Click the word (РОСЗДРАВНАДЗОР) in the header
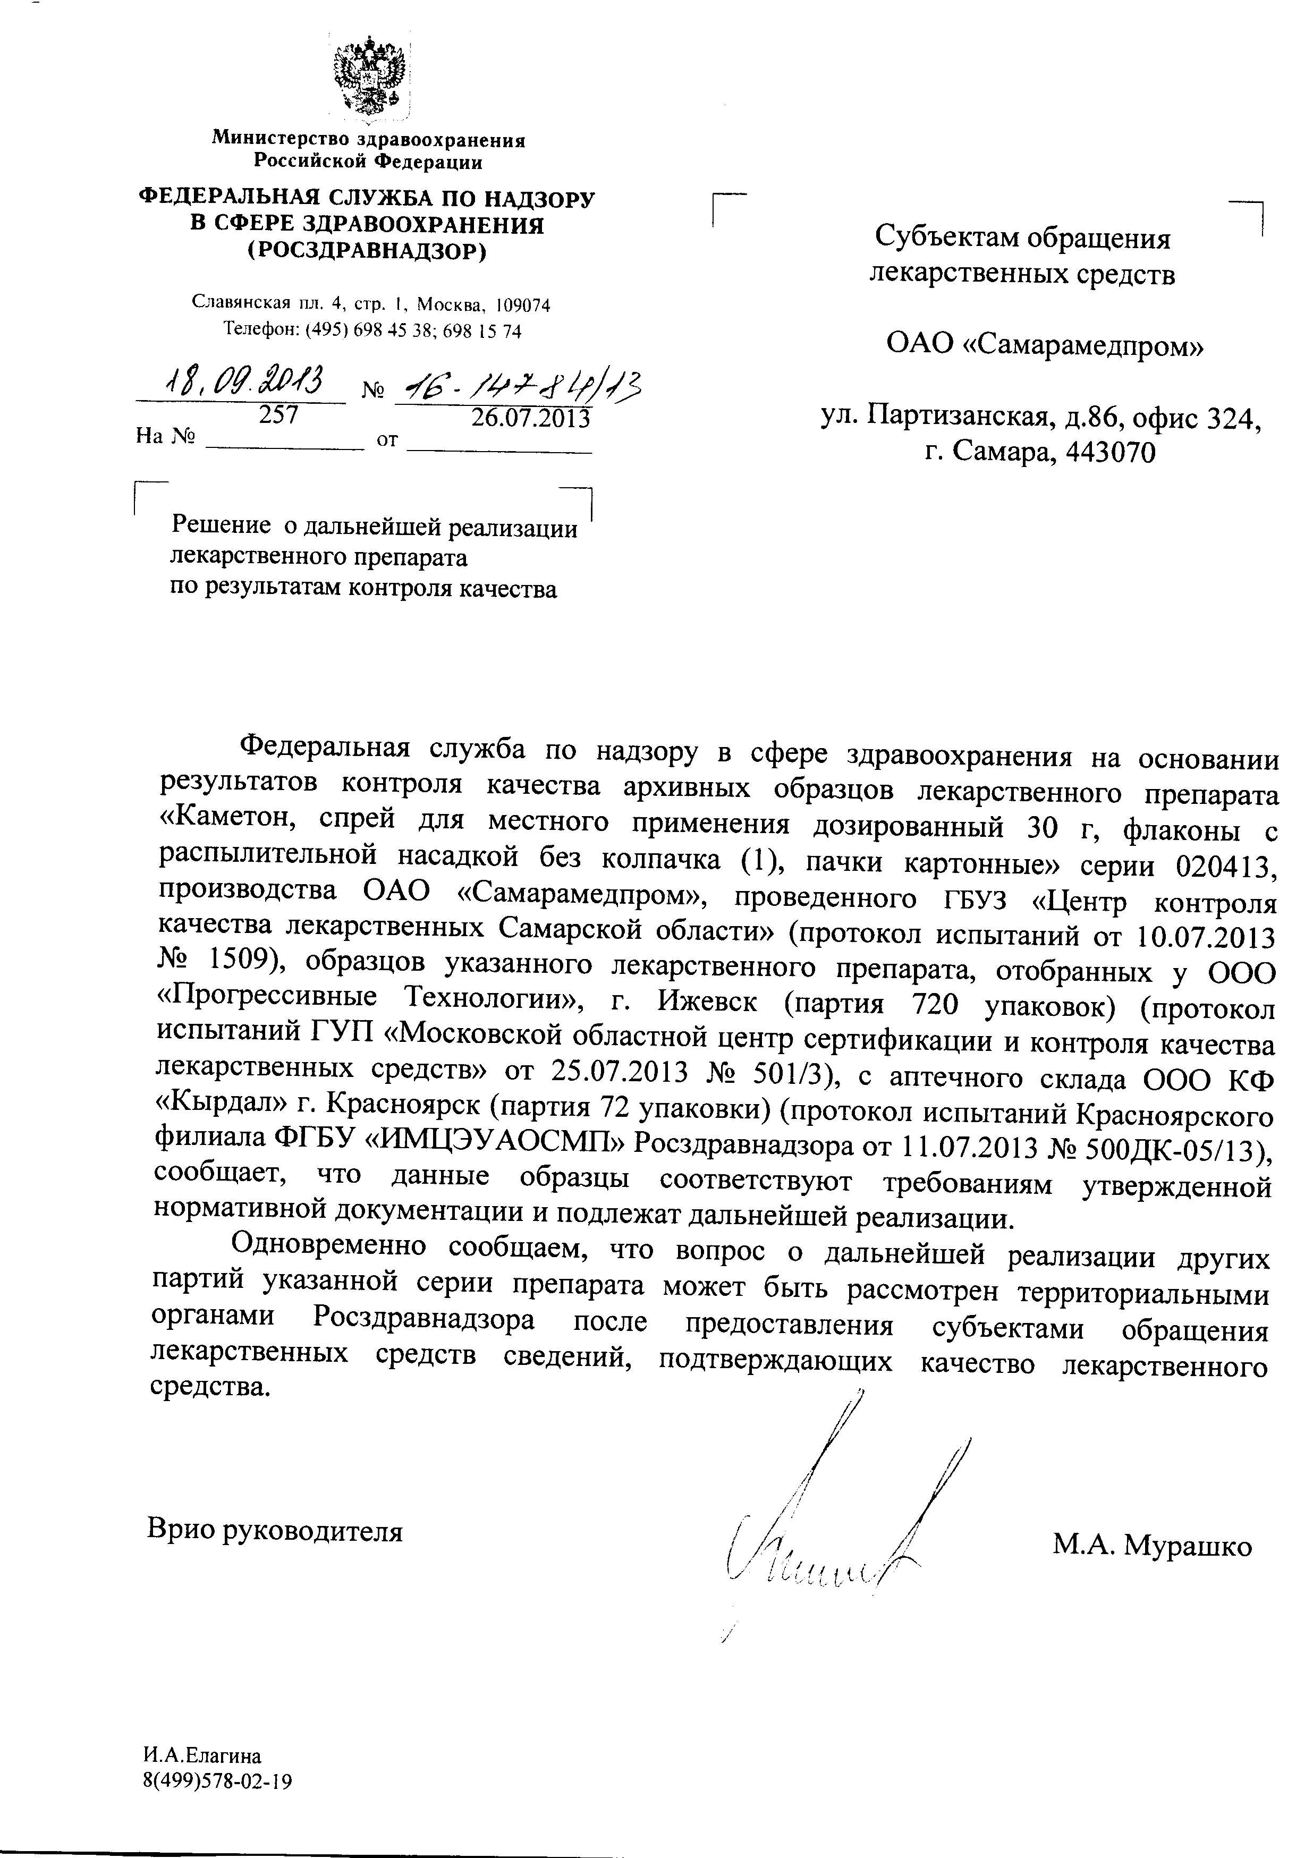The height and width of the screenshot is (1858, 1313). point(367,252)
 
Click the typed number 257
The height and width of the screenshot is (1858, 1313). point(278,414)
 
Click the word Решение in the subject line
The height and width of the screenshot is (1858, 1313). point(220,527)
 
